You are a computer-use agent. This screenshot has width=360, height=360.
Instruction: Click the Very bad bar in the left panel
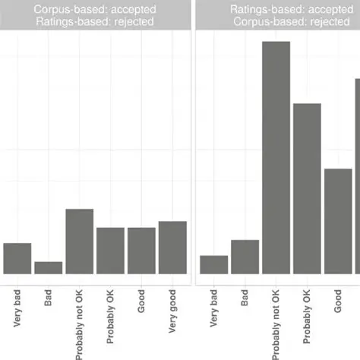[x=17, y=258]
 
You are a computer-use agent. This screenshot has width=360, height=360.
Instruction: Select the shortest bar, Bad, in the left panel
[x=49, y=267]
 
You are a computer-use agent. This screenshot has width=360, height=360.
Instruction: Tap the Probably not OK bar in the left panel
[x=80, y=241]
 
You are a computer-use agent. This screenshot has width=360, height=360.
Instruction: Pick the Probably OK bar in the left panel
[x=111, y=250]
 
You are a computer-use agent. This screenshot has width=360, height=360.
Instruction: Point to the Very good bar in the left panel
[x=172, y=247]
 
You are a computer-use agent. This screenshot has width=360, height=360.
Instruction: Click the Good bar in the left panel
[x=141, y=250]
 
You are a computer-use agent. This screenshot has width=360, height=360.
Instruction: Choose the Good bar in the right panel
[x=338, y=220]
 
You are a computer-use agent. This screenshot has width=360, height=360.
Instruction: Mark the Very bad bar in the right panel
[x=214, y=264]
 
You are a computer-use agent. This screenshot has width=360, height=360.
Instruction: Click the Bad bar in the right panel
[x=245, y=256]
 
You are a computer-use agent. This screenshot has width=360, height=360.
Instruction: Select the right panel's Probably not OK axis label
[x=276, y=322]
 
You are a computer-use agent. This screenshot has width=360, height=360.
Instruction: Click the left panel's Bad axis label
[x=49, y=297]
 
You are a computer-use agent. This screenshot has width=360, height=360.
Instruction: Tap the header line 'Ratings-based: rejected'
[x=96, y=22]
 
